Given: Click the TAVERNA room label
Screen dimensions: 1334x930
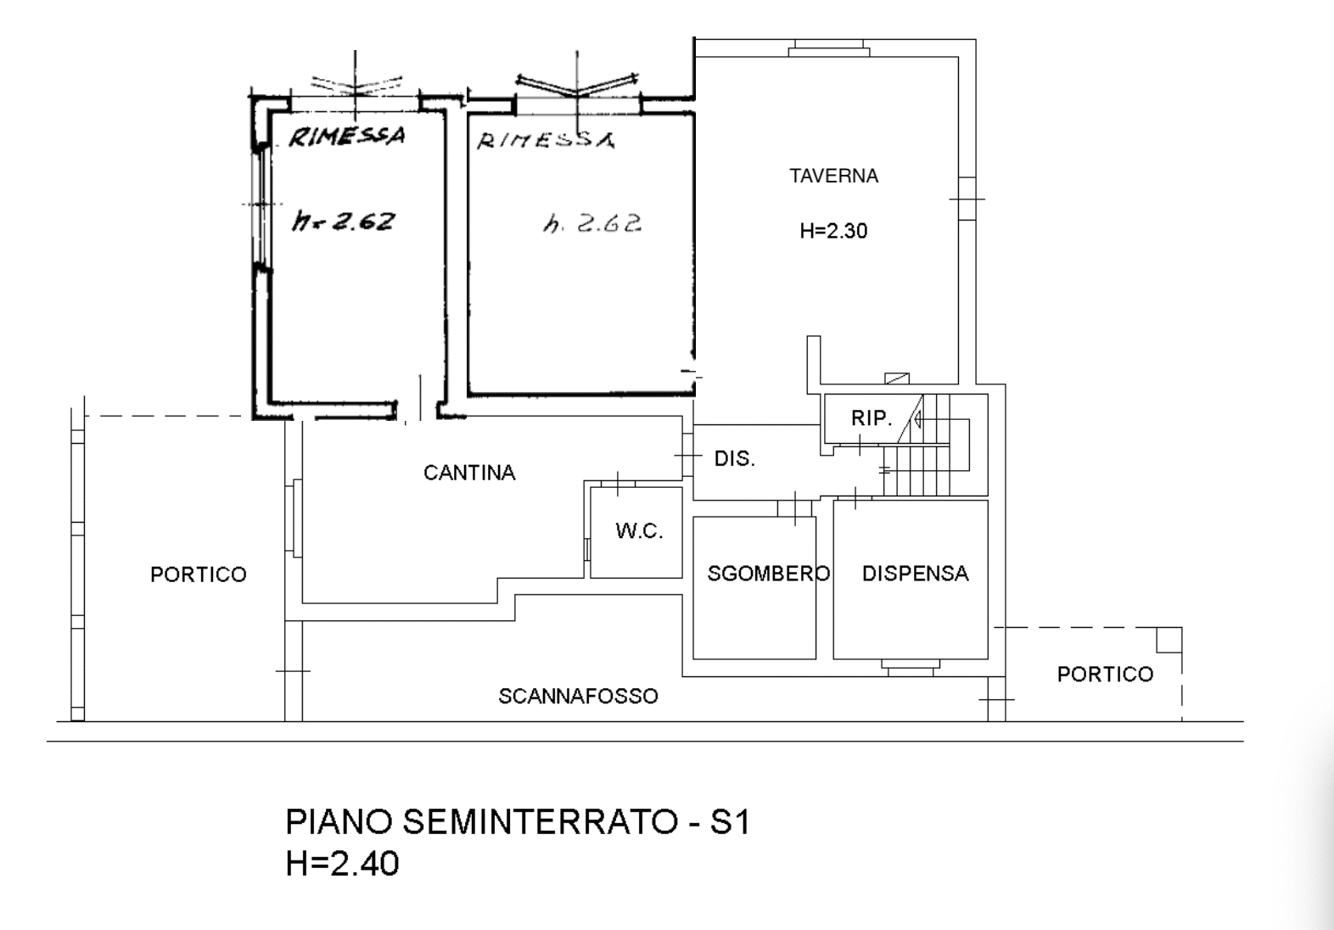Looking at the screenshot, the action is (x=833, y=176).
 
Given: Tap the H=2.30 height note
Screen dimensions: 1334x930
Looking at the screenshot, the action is (x=833, y=231).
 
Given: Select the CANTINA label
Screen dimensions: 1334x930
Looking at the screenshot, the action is (x=469, y=473).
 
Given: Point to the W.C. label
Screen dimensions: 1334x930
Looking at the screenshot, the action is (x=639, y=530).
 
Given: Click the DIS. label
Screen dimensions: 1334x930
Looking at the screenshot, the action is (x=734, y=458).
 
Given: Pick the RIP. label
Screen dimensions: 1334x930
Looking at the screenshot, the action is (x=872, y=418).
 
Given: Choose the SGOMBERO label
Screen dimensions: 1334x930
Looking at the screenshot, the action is (x=768, y=574).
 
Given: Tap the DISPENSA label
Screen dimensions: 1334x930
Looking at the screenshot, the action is (x=916, y=574).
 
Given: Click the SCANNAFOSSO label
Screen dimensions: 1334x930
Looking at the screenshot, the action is (x=578, y=696).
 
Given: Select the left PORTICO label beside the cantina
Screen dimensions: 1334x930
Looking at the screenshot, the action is (x=199, y=574).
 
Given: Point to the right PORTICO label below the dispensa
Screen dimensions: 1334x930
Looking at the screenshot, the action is (x=1106, y=674).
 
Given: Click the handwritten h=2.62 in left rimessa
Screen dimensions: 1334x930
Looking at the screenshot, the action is (x=343, y=221).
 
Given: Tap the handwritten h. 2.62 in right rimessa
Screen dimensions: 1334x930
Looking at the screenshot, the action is (x=592, y=224).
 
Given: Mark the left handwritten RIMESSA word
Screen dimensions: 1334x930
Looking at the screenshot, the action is (x=346, y=136).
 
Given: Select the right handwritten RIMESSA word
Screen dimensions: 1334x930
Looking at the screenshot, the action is (x=546, y=141).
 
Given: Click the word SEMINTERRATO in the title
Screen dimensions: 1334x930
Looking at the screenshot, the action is (x=541, y=821).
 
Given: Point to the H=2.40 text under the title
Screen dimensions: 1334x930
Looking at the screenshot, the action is (x=343, y=864).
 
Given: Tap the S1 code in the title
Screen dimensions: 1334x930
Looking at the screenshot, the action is (x=730, y=821).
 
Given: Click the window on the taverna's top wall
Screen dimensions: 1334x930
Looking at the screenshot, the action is (x=829, y=48).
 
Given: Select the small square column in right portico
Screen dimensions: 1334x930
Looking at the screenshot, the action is (x=1169, y=640).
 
